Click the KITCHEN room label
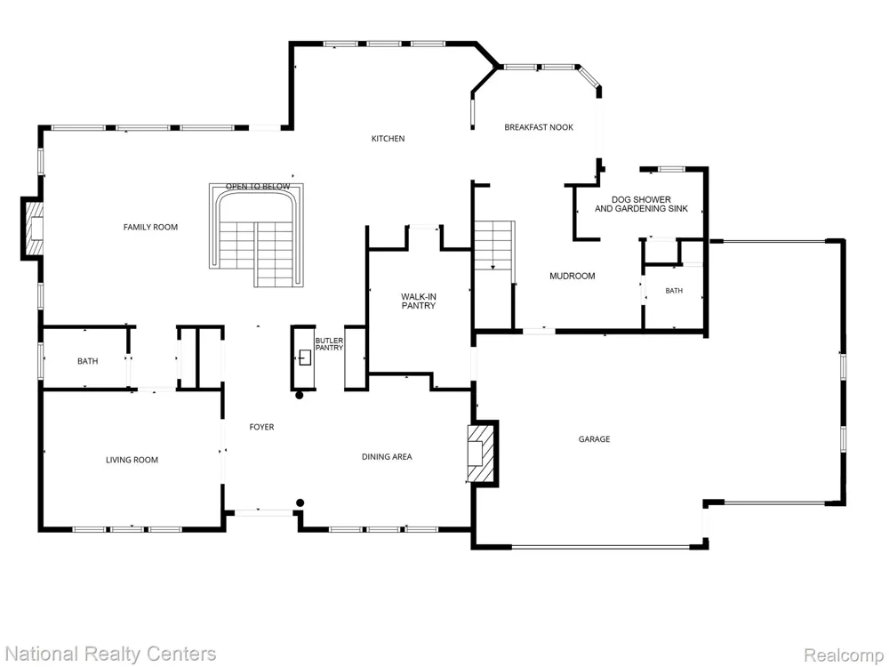click(x=388, y=139)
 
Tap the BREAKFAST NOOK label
click(x=539, y=127)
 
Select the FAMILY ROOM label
click(x=150, y=227)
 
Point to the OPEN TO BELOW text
click(x=258, y=187)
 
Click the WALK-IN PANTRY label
click(x=419, y=301)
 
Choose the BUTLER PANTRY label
click(x=329, y=344)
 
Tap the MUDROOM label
click(x=572, y=277)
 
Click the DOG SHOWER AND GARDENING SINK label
click(x=641, y=205)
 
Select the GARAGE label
click(x=594, y=439)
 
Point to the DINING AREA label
click(x=387, y=456)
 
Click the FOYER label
click(x=261, y=427)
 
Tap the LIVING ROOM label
click(x=132, y=460)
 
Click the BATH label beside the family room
click(x=87, y=361)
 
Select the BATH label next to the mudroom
click(x=674, y=291)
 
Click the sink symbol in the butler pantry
click(x=304, y=358)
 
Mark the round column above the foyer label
click(x=300, y=396)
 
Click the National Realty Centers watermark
click(x=109, y=654)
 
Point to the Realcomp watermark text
click(x=845, y=655)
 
